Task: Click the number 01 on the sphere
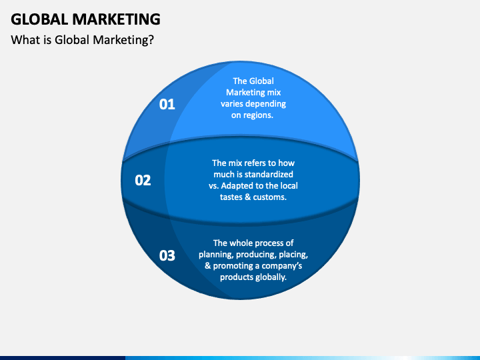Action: pyautogui.click(x=167, y=104)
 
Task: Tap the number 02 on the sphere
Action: pyautogui.click(x=143, y=179)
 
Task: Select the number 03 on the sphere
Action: pyautogui.click(x=167, y=255)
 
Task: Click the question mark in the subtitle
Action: pyautogui.click(x=151, y=40)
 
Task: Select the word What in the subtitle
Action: pyautogui.click(x=24, y=40)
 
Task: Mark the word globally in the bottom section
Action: pyautogui.click(x=269, y=277)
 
